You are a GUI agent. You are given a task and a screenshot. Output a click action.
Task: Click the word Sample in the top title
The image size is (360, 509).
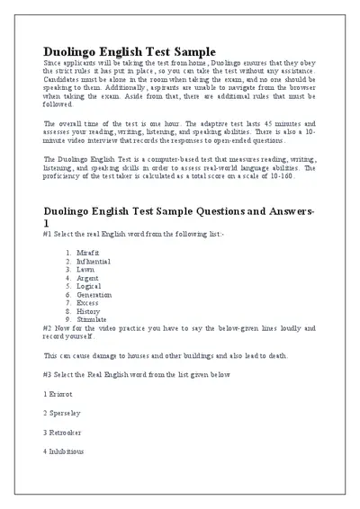tap(192, 51)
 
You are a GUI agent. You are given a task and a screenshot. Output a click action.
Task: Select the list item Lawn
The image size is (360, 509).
tap(86, 269)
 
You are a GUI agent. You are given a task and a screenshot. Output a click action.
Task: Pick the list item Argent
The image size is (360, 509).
tap(88, 278)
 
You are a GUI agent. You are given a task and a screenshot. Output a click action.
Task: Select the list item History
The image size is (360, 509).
tap(89, 311)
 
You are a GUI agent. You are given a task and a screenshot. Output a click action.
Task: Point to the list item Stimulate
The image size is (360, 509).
tap(92, 319)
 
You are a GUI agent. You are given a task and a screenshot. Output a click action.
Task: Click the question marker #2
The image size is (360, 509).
tap(48, 327)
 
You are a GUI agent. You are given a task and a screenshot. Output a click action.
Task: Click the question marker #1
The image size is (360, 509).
tap(48, 233)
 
